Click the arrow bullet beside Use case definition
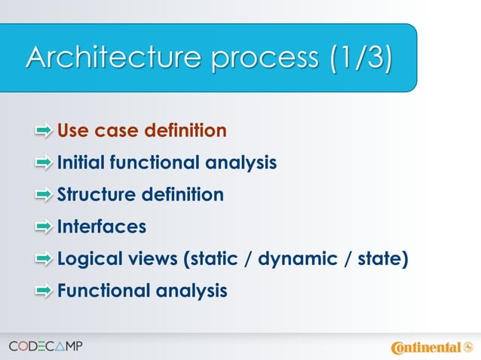(x=44, y=132)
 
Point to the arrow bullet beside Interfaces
(x=44, y=227)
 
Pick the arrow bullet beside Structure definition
(x=44, y=195)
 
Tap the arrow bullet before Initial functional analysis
(x=44, y=163)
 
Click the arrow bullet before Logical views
(x=44, y=259)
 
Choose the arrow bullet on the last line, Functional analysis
(x=44, y=291)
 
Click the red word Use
(x=73, y=132)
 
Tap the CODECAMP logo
(x=46, y=346)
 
